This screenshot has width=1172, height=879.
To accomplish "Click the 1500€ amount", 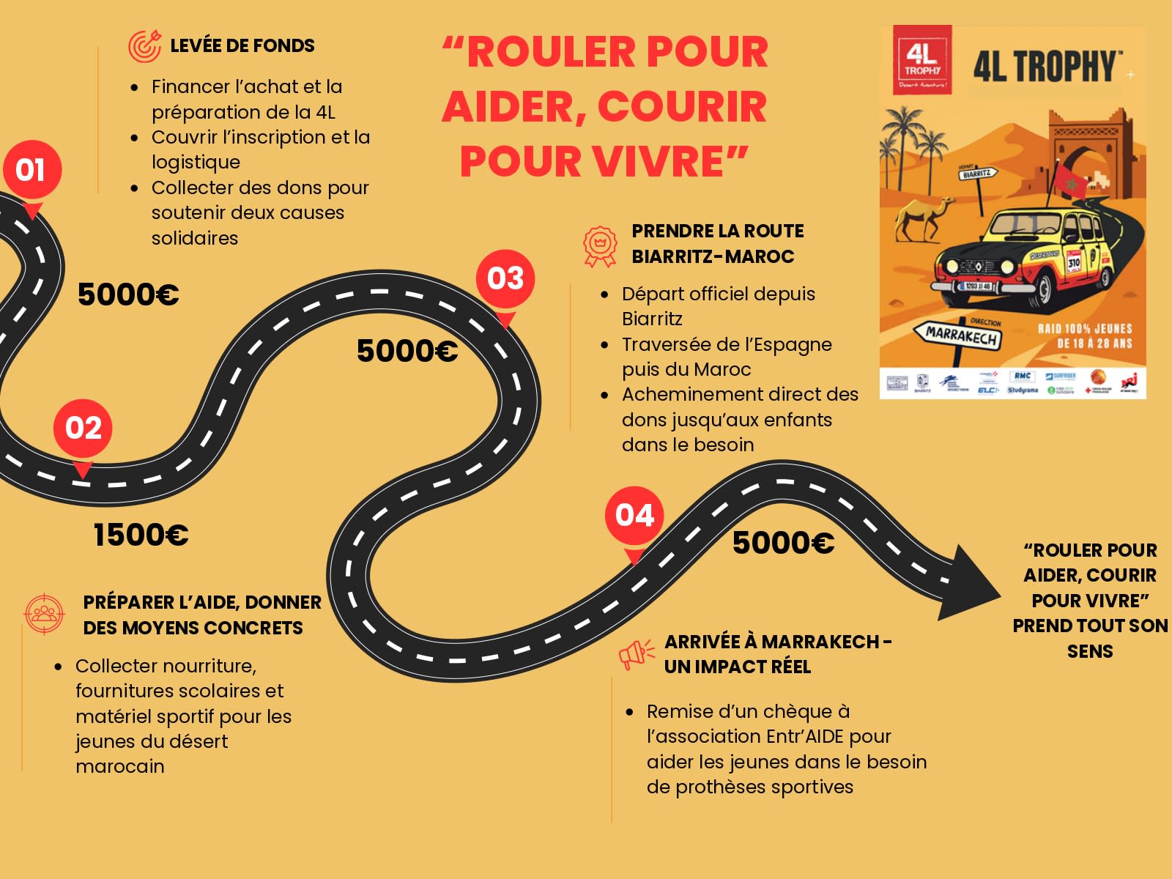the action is [x=141, y=535].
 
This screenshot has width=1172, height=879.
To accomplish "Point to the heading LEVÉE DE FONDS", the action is [x=242, y=46].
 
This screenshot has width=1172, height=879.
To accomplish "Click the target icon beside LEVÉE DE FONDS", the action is [x=144, y=46].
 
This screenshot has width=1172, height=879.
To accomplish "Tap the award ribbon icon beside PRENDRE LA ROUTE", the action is [x=600, y=245].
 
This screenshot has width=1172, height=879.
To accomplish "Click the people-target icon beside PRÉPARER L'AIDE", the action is [x=44, y=614].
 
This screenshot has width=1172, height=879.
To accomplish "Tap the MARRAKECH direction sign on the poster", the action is [x=960, y=336].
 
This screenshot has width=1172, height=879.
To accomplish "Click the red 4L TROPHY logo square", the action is [x=922, y=59].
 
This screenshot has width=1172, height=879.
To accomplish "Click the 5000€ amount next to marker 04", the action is [x=783, y=544].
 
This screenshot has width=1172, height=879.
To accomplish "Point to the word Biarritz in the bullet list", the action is [x=652, y=319].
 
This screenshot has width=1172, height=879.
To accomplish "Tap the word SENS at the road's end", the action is [x=1089, y=651].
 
